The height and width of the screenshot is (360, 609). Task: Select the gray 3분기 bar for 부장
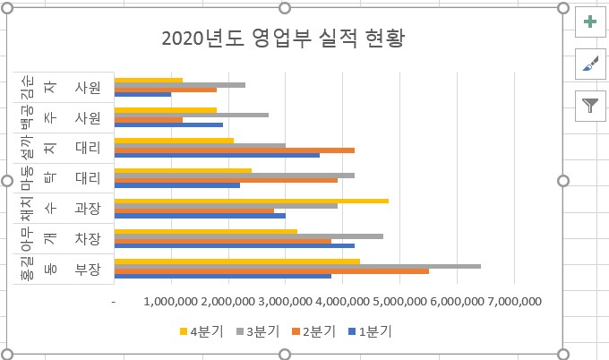pyautogui.click(x=297, y=266)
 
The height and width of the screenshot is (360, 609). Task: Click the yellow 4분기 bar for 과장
pyautogui.click(x=251, y=201)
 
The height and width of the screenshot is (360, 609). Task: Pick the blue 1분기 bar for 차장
pyautogui.click(x=234, y=245)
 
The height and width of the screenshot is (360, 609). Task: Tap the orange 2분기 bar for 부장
pyautogui.click(x=271, y=271)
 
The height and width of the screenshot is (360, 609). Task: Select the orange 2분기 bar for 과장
pyautogui.click(x=194, y=211)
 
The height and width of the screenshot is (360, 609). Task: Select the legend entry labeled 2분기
pyautogui.click(x=313, y=331)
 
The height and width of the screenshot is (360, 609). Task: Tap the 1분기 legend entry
pyautogui.click(x=368, y=331)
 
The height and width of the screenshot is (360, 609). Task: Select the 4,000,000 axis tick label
pyautogui.click(x=341, y=303)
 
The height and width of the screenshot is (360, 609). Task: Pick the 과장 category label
pyautogui.click(x=88, y=208)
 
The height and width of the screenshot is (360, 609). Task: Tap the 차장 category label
pyautogui.click(x=88, y=238)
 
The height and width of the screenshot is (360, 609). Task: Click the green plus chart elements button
pyautogui.click(x=589, y=21)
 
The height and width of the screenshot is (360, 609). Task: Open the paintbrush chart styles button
pyautogui.click(x=589, y=63)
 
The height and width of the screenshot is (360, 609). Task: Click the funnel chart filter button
pyautogui.click(x=589, y=105)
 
